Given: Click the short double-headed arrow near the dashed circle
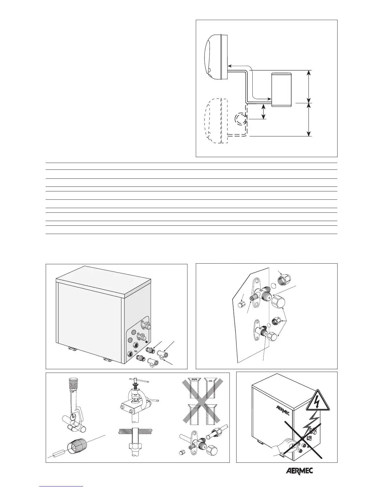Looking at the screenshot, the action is pos(263,111).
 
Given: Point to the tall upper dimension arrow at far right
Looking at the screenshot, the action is pos(309,86).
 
